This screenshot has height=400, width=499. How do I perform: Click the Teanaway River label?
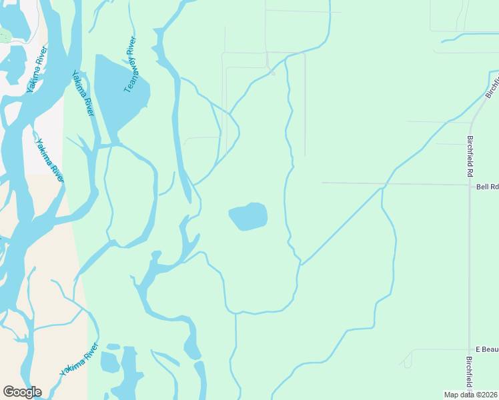[x=131, y=65]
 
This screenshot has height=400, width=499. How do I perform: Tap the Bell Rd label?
[x=487, y=187]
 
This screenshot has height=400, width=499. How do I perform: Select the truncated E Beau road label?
[x=486, y=349]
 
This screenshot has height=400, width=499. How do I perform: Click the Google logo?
[x=22, y=391]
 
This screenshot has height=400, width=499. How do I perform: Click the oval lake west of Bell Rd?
[x=248, y=217]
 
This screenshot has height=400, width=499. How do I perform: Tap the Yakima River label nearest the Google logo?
[x=79, y=361]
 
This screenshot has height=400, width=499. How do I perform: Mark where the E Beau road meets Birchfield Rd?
[x=469, y=349]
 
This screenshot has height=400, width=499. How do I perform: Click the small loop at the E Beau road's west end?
[x=407, y=363]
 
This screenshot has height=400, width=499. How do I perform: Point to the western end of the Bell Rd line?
[x=323, y=182]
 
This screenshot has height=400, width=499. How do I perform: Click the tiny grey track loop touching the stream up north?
[x=272, y=70]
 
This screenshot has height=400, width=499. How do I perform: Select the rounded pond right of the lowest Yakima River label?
[x=109, y=362]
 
